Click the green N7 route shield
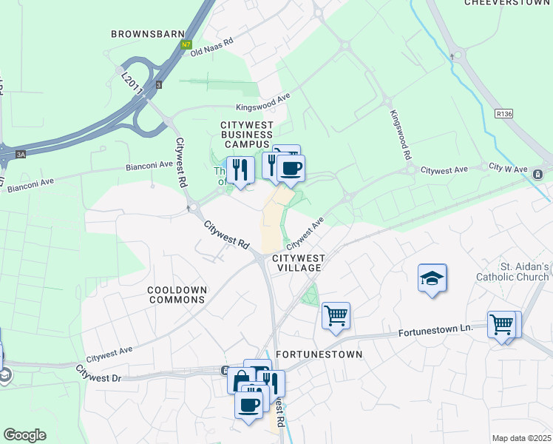pos(186,45)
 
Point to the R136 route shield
pos(504,114)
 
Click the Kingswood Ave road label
pos(263,102)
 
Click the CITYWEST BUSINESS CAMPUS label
pos(247,134)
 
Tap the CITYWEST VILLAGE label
pos(299,263)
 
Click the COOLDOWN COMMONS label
pos(176,295)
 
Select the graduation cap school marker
pos(432,279)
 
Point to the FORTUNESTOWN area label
pos(319,354)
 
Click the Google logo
pos(24,435)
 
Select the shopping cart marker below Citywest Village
pos(336,317)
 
